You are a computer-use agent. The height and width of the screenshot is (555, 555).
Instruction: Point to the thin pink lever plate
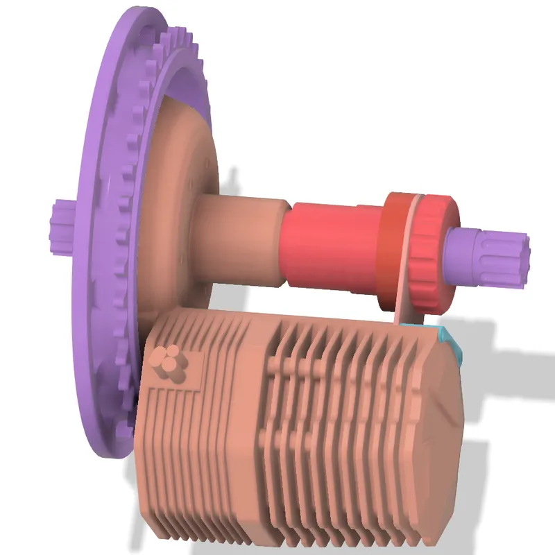click(406, 277)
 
